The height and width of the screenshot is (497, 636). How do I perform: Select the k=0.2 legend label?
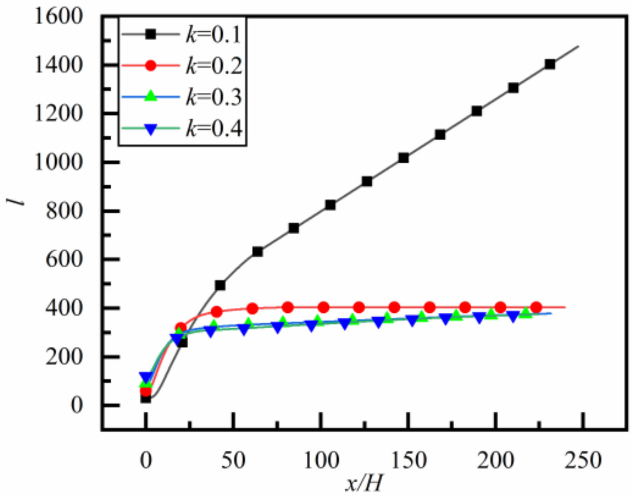213,66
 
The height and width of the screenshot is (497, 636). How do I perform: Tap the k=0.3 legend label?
213,98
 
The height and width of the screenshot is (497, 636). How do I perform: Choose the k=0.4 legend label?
213,129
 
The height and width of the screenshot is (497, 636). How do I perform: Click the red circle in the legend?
151,65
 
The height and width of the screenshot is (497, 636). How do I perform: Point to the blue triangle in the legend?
151,130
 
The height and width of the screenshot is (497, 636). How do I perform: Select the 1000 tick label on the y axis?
59,162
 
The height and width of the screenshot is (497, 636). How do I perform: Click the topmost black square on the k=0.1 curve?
550,64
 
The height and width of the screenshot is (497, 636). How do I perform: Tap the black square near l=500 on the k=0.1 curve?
220,285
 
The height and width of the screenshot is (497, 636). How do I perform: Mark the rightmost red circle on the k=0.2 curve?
536,307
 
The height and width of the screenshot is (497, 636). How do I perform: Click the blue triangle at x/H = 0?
146,377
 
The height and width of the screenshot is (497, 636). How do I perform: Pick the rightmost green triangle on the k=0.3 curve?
526,312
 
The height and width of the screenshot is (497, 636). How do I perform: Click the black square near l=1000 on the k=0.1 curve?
403,158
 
